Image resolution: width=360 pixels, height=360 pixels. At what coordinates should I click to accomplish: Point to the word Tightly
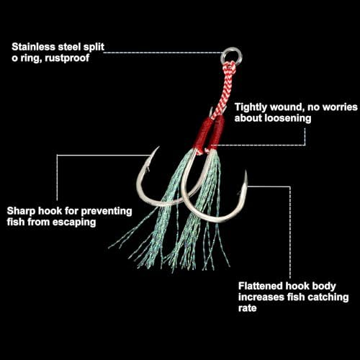pyautogui.click(x=251, y=107)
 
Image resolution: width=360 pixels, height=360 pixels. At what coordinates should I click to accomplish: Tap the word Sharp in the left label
pyautogui.click(x=21, y=211)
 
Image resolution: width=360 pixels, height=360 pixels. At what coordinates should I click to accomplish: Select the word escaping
pyautogui.click(x=74, y=222)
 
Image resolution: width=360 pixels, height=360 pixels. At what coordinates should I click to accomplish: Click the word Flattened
pyautogui.click(x=260, y=286)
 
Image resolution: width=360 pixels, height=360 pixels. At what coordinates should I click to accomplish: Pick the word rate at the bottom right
pyautogui.click(x=247, y=308)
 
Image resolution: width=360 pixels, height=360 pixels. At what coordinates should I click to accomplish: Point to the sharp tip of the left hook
pyautogui.click(x=158, y=147)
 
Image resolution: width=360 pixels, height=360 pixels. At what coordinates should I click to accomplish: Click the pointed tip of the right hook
pyautogui.click(x=246, y=171)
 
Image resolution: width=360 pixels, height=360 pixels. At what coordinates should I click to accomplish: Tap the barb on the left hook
pyautogui.click(x=148, y=169)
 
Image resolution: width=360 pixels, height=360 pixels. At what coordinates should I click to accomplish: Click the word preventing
pyautogui.click(x=107, y=211)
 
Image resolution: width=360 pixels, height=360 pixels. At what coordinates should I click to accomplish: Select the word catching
pyautogui.click(x=328, y=297)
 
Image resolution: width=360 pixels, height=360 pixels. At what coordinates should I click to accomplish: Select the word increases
pyautogui.click(x=261, y=297)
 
